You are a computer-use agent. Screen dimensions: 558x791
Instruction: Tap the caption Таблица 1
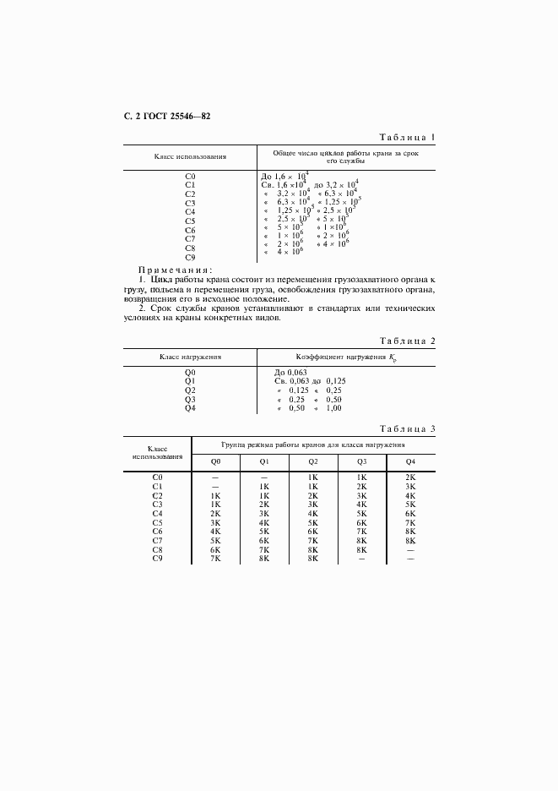click(x=406, y=137)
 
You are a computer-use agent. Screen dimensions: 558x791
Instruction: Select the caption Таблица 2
click(x=406, y=341)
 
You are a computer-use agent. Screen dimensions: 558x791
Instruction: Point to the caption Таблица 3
click(x=406, y=429)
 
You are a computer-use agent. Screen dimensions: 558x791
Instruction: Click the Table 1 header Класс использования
click(x=190, y=157)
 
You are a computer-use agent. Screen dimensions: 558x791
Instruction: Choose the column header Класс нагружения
click(x=190, y=357)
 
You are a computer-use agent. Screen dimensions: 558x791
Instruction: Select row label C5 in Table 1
click(x=190, y=220)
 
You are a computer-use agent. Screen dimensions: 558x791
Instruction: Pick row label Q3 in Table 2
click(x=190, y=399)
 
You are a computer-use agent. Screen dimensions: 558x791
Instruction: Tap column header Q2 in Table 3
click(x=313, y=461)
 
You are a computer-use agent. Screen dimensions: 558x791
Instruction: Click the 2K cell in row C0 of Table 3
click(x=410, y=477)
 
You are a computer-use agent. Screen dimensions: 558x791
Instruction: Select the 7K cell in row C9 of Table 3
click(x=215, y=559)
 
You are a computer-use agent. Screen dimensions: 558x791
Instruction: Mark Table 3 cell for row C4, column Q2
click(x=313, y=514)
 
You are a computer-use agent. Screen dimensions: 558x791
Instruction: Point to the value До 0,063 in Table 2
click(x=290, y=372)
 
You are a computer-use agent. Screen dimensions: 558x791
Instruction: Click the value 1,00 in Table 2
click(x=333, y=408)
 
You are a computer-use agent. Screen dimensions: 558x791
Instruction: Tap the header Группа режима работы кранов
click(x=313, y=444)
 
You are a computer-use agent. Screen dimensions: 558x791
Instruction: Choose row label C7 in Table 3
click(x=157, y=541)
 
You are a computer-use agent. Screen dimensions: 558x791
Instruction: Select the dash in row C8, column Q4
click(x=410, y=549)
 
